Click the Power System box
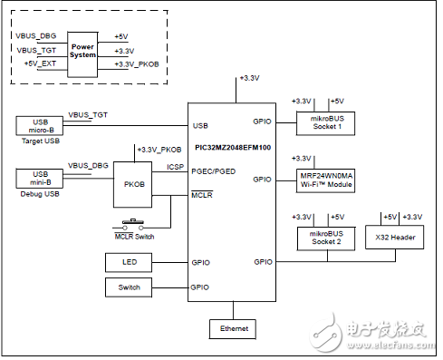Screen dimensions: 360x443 pyautogui.click(x=82, y=50)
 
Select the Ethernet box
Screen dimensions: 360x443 pyautogui.click(x=233, y=326)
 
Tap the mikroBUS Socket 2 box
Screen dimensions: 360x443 pyautogui.click(x=325, y=238)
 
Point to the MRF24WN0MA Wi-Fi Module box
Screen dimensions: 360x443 pyautogui.click(x=325, y=179)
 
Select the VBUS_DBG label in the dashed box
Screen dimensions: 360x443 pyautogui.click(x=37, y=35)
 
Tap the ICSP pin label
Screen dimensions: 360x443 pyautogui.click(x=176, y=167)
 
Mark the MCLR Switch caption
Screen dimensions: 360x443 pyautogui.click(x=133, y=238)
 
